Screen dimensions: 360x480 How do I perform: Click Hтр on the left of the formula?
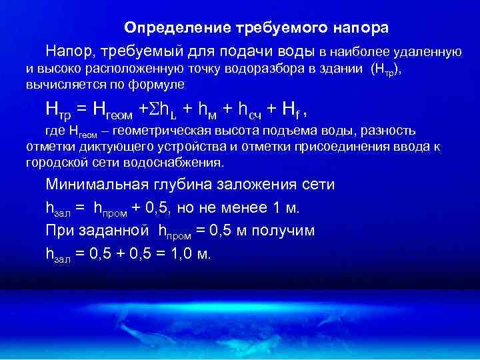tap(59, 109)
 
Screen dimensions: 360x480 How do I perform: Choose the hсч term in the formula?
tap(251, 109)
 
